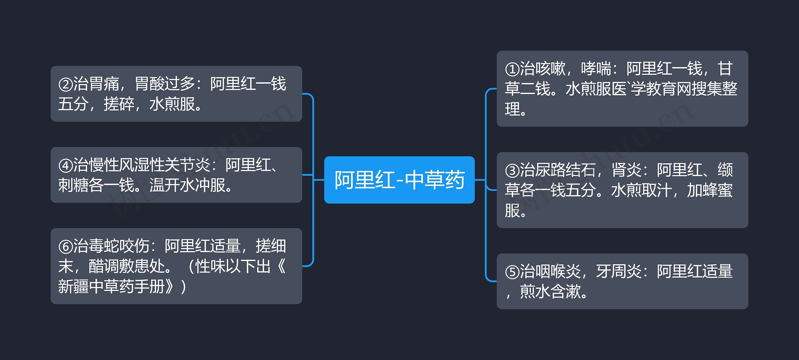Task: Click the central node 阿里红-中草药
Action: pyautogui.click(x=399, y=180)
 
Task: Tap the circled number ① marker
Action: pyautogui.click(x=512, y=69)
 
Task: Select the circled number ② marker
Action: pyautogui.click(x=66, y=85)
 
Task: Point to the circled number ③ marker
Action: pyautogui.click(x=512, y=170)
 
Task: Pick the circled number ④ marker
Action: pyautogui.click(x=66, y=165)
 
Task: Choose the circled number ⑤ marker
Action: pyautogui.click(x=512, y=272)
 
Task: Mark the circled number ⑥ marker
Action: pyautogui.click(x=66, y=247)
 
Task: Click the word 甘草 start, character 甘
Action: pyautogui.click(x=725, y=69)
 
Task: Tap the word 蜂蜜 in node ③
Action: pyautogui.click(x=717, y=190)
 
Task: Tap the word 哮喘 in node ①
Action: pyautogui.click(x=596, y=69)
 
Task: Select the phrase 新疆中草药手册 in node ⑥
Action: pyautogui.click(x=111, y=286)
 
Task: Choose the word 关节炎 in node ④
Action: pyautogui.click(x=188, y=165)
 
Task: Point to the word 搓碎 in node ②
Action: pyautogui.click(x=119, y=104)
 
